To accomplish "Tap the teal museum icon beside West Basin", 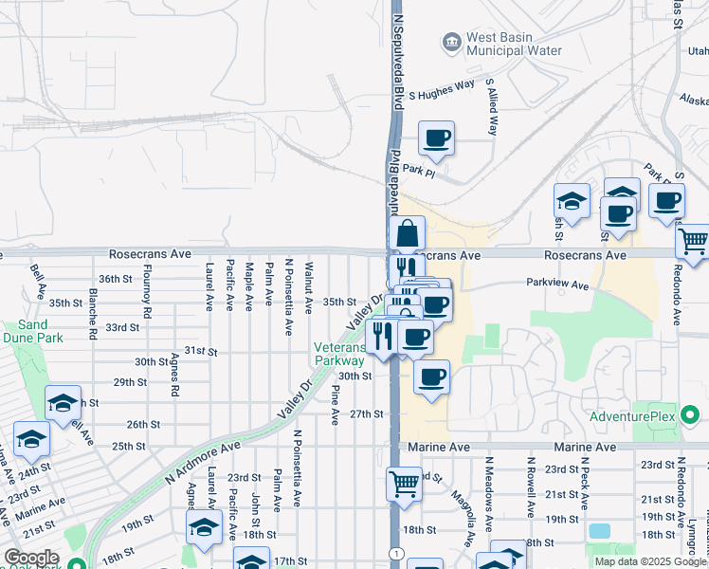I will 451,42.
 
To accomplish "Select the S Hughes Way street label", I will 441,85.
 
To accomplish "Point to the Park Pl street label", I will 418,169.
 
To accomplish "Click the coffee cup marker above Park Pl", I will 436,138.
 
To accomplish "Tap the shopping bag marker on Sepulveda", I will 407,234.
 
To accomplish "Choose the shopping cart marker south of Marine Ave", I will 405,484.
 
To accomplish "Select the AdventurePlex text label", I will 630,416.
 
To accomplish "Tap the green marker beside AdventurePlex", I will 691,414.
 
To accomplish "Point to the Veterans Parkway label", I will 340,354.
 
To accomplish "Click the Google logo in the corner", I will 30,558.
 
